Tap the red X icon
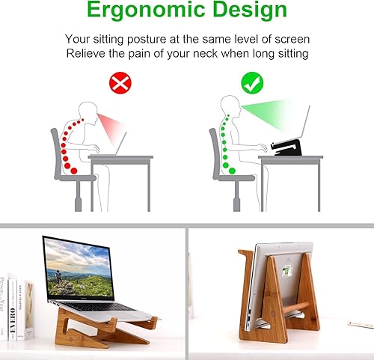point(120,83)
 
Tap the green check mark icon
point(251,82)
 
